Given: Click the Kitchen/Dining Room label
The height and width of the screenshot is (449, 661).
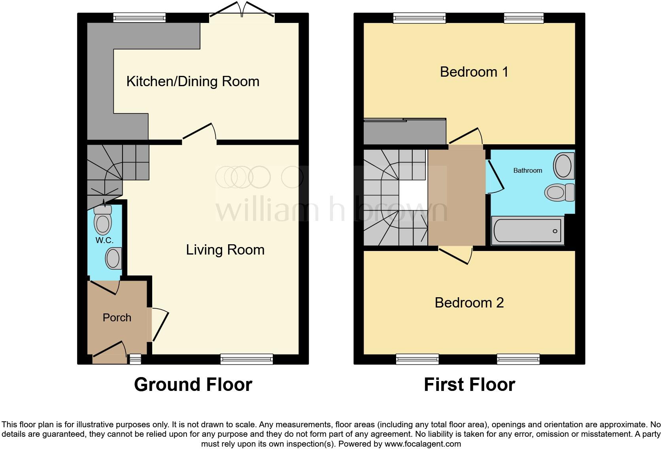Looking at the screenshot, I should tap(193, 81).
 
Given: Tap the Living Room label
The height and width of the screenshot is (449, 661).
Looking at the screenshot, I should tap(225, 250).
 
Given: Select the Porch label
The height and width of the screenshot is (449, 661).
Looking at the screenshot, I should tap(117, 318).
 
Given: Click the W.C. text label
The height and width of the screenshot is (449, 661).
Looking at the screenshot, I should tap(104, 240).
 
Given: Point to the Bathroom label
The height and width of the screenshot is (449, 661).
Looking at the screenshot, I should tap(527, 171).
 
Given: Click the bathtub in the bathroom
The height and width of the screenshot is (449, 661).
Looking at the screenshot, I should tap(527, 230).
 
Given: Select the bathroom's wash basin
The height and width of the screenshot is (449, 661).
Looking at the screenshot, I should tap(563, 166).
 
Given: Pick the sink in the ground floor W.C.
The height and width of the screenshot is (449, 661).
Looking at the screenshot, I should tap(113, 258).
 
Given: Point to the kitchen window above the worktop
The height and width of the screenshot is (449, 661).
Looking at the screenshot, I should tap(139, 17).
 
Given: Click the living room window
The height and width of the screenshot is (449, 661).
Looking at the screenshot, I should tap(247, 359).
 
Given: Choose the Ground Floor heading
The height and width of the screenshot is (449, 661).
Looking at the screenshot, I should tap(193, 385).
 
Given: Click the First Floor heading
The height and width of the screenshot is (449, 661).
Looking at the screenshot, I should tap(469, 385).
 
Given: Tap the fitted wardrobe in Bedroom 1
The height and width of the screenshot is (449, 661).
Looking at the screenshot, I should tap(404, 132).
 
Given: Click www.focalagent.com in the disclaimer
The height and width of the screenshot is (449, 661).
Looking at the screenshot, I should tap(423, 444).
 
